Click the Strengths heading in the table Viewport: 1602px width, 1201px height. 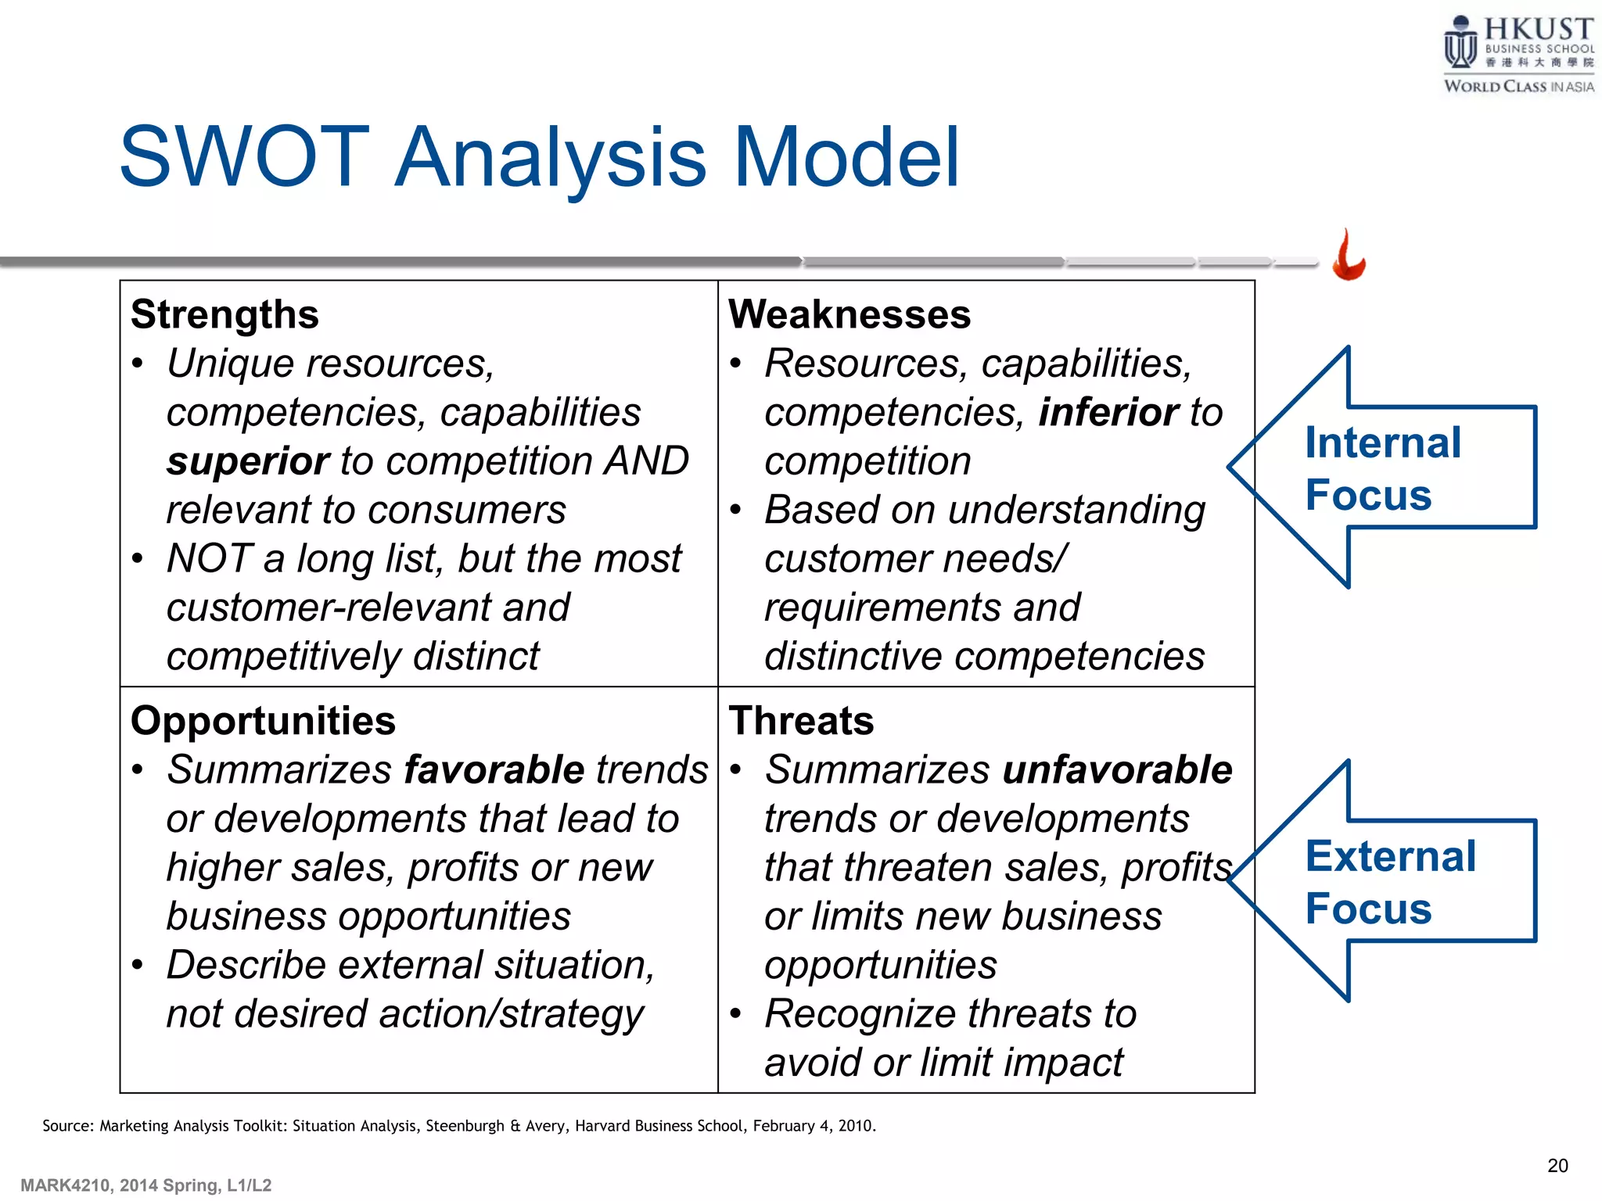click(224, 315)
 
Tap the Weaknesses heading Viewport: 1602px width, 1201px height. click(849, 315)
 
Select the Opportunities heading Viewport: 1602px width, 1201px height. click(263, 721)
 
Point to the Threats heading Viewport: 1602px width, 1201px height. click(801, 721)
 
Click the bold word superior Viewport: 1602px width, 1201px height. click(248, 461)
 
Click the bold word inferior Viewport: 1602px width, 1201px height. click(1108, 413)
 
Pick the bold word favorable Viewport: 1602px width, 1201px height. click(494, 770)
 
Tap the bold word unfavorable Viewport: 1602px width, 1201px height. click(1118, 770)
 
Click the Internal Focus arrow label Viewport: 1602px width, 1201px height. click(1382, 469)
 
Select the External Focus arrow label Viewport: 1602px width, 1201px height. click(1390, 882)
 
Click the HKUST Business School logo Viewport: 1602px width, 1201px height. click(1518, 55)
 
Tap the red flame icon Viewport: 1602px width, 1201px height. click(1349, 256)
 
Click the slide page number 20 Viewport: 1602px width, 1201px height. click(1557, 1166)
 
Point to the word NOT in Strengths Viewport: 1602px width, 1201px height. click(209, 559)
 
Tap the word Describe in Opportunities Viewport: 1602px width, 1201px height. click(246, 966)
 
